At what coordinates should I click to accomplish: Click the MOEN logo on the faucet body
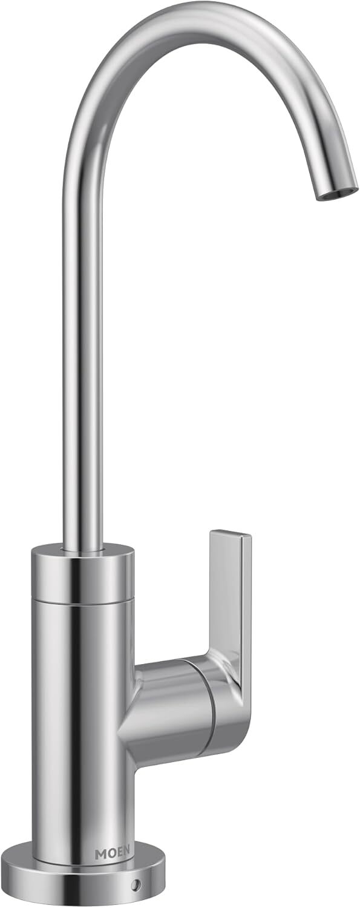coord(112,854)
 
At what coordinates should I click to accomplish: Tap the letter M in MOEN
coord(100,854)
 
